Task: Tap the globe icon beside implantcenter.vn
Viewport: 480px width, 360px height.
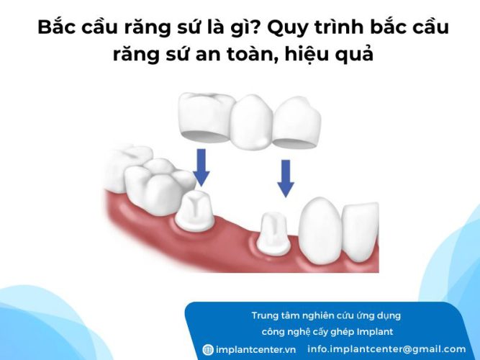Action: click(x=208, y=350)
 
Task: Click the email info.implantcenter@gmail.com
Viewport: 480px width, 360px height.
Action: click(x=386, y=349)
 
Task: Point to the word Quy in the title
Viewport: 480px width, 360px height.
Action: click(x=289, y=29)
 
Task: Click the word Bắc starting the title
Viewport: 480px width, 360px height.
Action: click(x=57, y=29)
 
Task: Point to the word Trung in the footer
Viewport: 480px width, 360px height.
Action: click(x=266, y=315)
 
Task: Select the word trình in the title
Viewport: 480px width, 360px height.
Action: click(x=340, y=29)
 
